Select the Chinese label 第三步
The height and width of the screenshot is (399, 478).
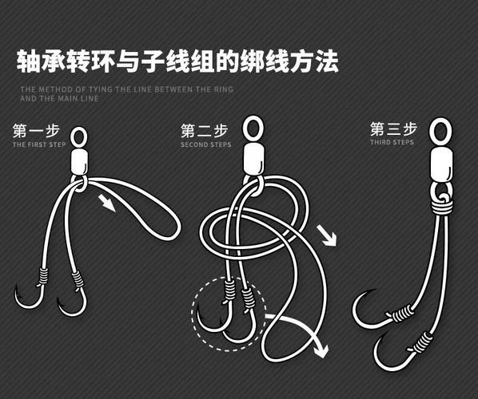(393, 129)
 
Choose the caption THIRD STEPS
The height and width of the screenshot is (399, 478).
(392, 143)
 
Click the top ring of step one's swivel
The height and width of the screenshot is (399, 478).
(79, 137)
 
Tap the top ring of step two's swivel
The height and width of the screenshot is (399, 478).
(253, 127)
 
